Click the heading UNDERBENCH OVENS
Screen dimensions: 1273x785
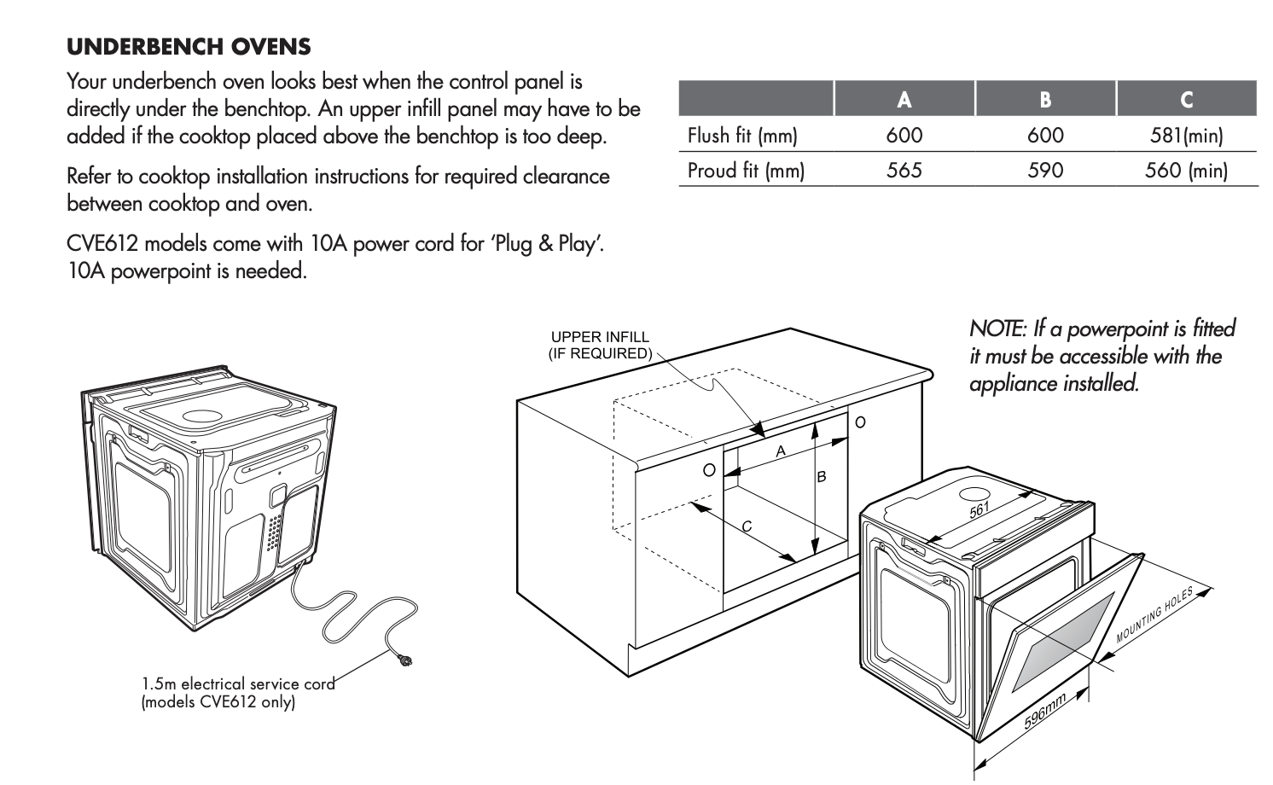click(189, 47)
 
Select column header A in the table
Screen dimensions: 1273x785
click(904, 100)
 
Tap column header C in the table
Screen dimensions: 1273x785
click(1187, 100)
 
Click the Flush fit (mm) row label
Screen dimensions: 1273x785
click(743, 136)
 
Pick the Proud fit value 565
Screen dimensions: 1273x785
click(904, 170)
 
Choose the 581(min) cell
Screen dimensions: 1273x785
click(1187, 136)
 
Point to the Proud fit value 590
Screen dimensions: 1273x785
click(1045, 170)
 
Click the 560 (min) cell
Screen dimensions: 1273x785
click(1187, 170)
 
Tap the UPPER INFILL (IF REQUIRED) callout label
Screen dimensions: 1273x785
click(600, 345)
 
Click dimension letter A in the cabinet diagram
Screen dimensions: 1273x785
click(781, 451)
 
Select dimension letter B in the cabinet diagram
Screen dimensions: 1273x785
click(821, 477)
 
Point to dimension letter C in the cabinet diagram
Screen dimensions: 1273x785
click(747, 527)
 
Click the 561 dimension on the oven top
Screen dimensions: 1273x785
click(979, 510)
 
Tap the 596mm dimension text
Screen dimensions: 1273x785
click(1044, 711)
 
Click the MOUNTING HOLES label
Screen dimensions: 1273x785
click(1154, 615)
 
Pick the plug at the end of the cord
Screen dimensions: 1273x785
click(404, 660)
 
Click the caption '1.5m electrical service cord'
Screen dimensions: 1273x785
click(238, 683)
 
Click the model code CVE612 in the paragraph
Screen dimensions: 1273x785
click(102, 244)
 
